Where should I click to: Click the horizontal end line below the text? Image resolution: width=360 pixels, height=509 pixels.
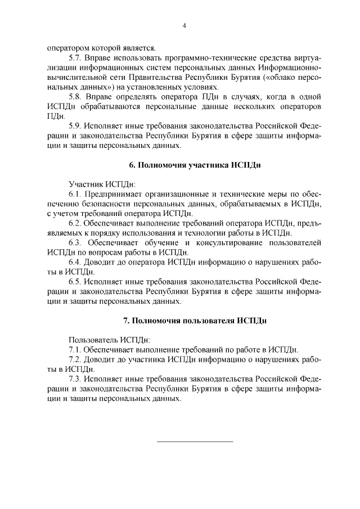pyautogui.click(x=194, y=442)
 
